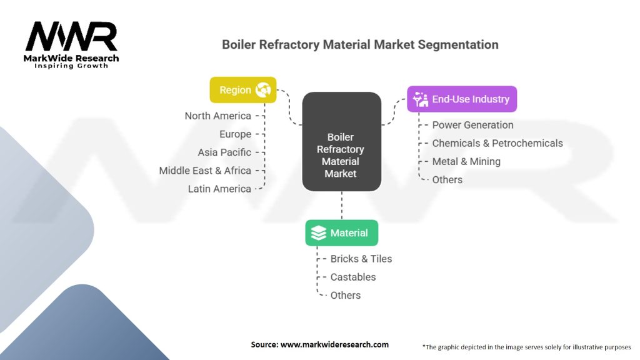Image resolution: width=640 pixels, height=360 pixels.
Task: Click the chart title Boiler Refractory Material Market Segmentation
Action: tap(361, 45)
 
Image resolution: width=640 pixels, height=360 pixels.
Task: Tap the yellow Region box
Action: tap(242, 90)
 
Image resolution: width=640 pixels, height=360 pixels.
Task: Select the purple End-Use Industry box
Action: tap(462, 99)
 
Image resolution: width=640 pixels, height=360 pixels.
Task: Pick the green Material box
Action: tap(341, 233)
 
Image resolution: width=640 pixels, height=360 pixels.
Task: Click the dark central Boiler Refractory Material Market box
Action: tap(341, 142)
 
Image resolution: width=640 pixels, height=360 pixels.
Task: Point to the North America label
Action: tap(217, 116)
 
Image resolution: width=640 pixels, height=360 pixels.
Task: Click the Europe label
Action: tap(235, 134)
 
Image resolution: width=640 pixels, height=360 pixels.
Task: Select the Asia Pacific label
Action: tap(224, 152)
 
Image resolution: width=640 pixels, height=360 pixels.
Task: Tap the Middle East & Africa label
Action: tap(205, 170)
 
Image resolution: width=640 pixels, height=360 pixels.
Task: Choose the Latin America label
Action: tap(219, 188)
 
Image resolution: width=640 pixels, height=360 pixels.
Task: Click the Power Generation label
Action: tap(472, 125)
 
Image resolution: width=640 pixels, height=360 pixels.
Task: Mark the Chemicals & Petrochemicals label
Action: tap(497, 143)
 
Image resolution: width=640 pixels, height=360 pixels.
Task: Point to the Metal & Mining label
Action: tap(466, 161)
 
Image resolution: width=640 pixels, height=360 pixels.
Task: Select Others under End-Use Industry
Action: tap(447, 179)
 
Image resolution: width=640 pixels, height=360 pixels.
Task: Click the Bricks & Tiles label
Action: tap(361, 259)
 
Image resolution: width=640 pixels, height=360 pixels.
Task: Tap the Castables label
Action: tap(353, 277)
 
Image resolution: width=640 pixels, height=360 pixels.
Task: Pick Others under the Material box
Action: tap(346, 295)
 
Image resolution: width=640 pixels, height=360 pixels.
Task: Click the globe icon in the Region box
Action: tap(262, 90)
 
